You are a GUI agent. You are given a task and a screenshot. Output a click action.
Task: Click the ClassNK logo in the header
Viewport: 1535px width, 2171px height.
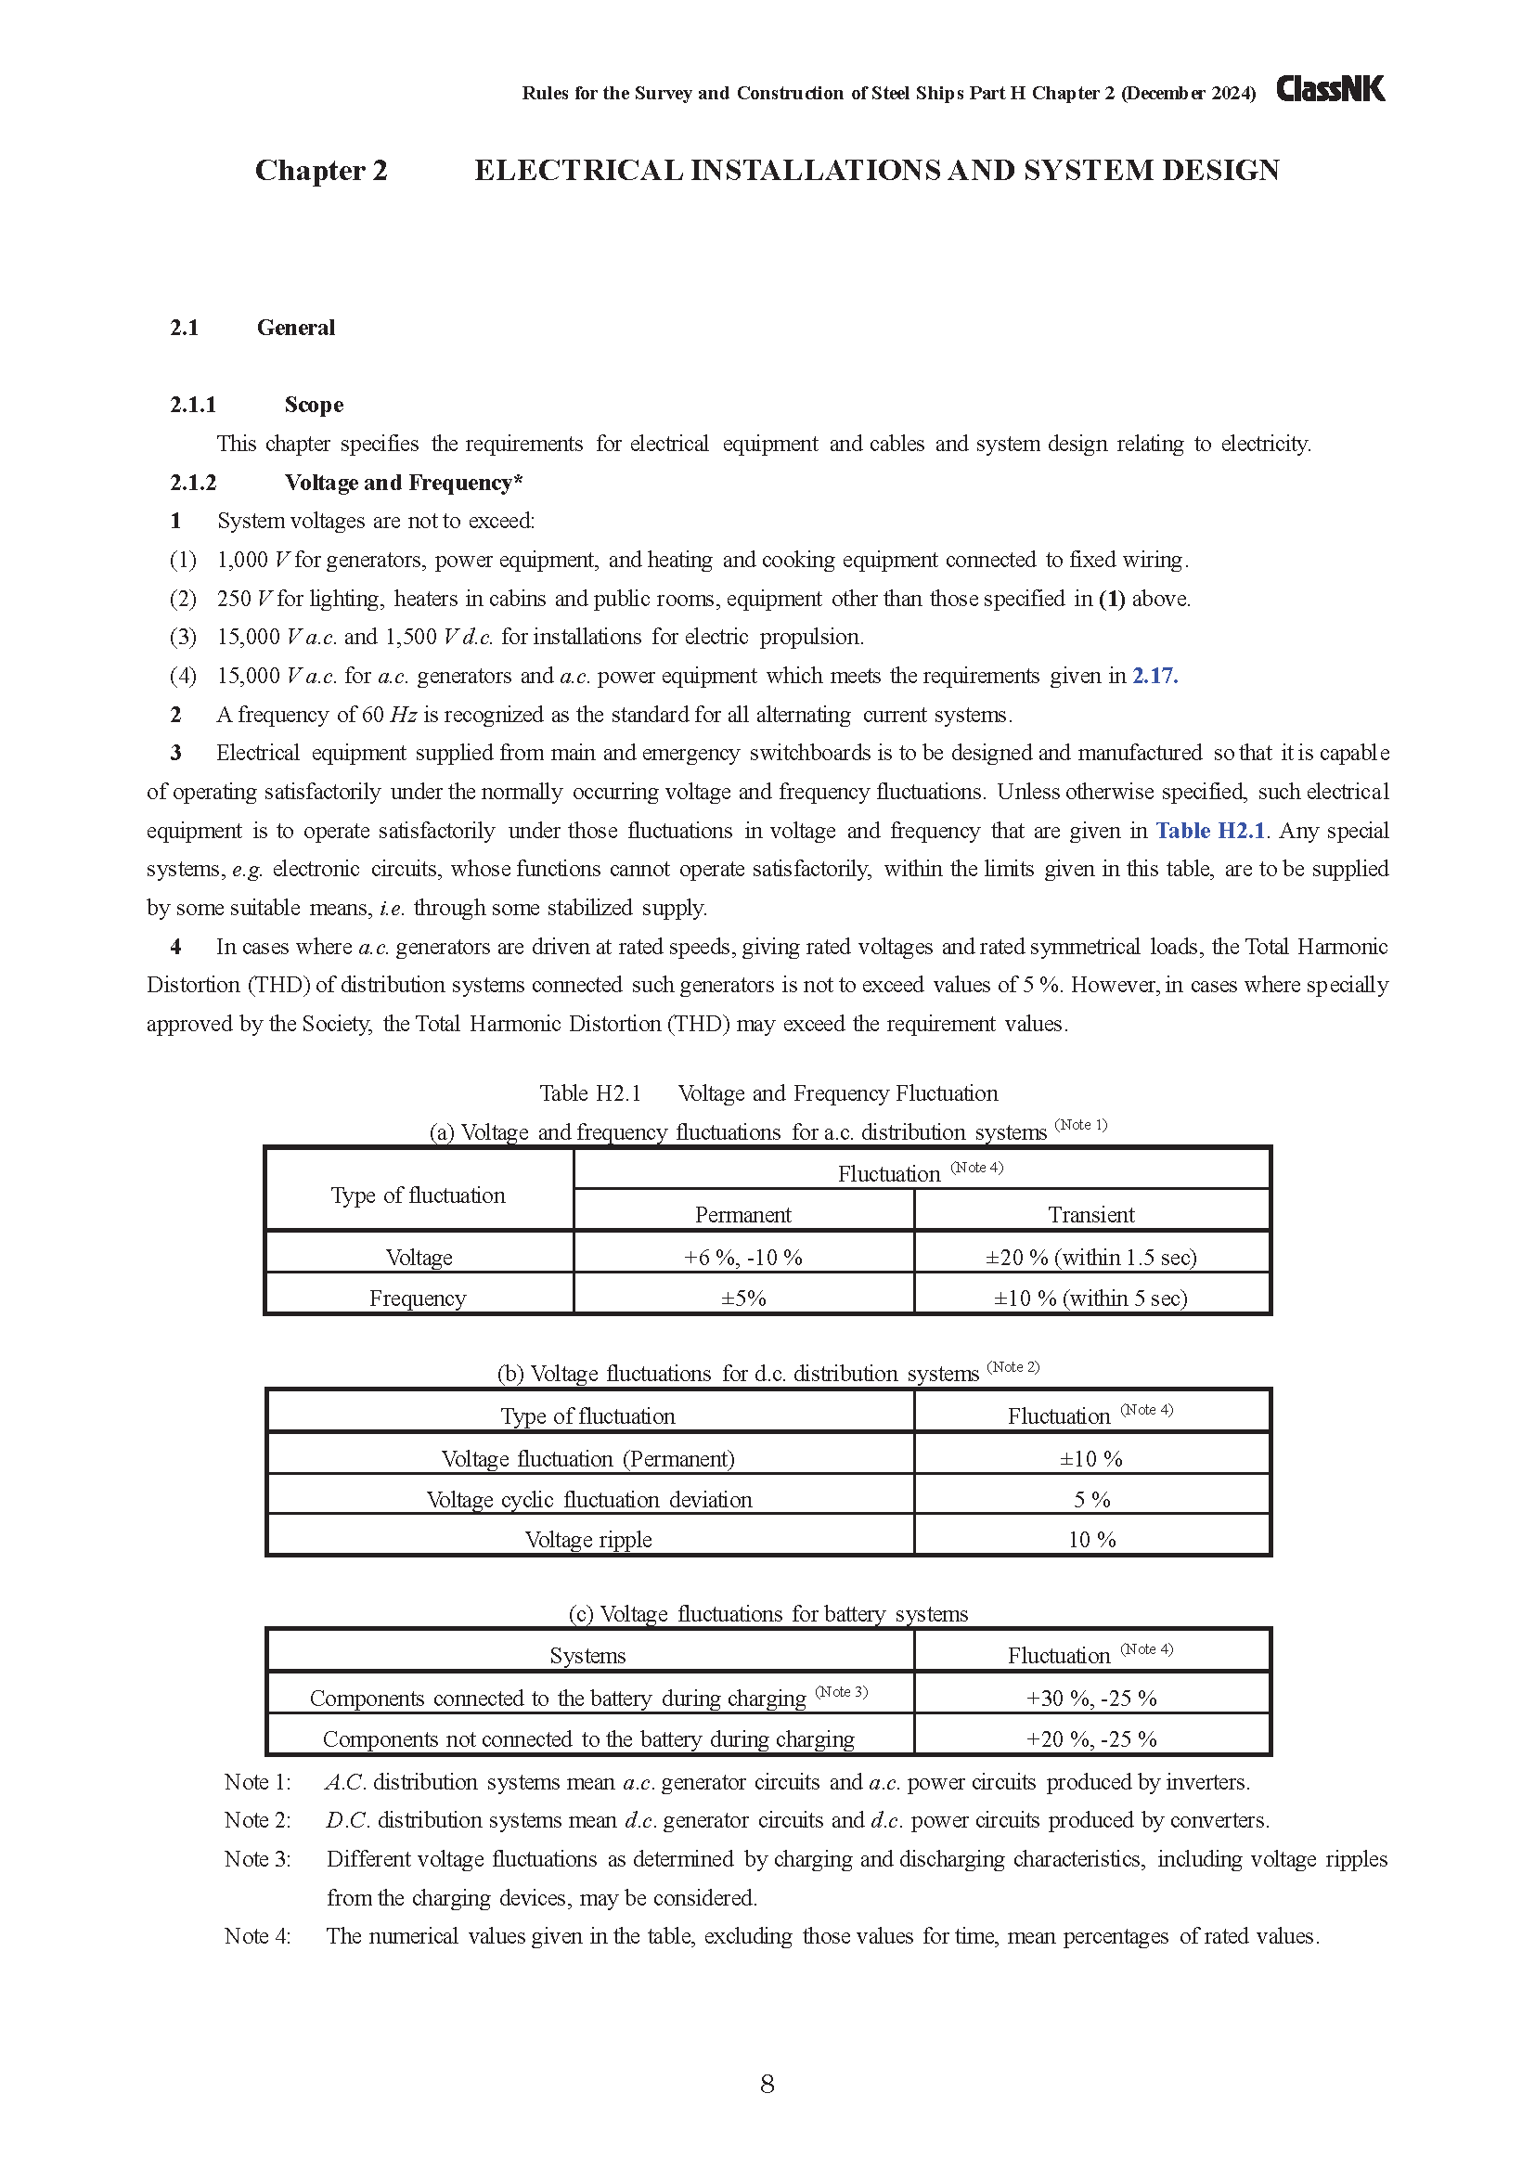click(1330, 89)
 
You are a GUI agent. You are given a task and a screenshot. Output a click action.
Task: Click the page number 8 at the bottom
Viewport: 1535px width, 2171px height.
click(767, 2084)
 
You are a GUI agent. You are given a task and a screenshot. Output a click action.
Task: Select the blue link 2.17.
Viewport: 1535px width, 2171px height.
click(1155, 676)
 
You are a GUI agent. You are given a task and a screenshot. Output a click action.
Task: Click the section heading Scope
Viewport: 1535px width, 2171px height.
click(314, 405)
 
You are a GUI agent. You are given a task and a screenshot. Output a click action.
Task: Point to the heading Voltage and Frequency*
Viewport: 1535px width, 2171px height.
click(404, 483)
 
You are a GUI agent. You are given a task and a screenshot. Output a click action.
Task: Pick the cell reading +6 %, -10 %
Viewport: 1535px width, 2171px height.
click(743, 1258)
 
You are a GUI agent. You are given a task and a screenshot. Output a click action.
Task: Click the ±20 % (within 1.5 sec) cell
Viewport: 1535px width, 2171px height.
click(1090, 1258)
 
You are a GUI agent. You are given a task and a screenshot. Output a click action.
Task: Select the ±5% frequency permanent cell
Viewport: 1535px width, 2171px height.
click(743, 1299)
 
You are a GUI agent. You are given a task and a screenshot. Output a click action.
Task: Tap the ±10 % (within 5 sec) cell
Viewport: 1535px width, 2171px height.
click(1090, 1299)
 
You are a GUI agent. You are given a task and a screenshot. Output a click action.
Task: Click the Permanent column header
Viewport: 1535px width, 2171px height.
click(743, 1215)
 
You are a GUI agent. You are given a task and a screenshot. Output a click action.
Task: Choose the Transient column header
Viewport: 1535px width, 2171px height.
click(1090, 1215)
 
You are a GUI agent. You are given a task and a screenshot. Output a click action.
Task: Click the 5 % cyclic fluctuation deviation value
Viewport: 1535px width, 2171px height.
click(1090, 1500)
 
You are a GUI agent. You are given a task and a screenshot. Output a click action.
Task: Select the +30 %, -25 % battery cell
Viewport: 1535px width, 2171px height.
click(1090, 1699)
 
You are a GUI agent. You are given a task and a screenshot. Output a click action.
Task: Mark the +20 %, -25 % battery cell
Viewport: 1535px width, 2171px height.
click(1090, 1738)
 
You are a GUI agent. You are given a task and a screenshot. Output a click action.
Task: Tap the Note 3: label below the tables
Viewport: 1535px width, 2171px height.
click(257, 1859)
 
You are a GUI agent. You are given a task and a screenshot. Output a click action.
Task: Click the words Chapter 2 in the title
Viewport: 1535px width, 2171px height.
click(321, 170)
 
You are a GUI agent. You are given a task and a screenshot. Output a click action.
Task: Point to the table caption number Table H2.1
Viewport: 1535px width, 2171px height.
click(590, 1094)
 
